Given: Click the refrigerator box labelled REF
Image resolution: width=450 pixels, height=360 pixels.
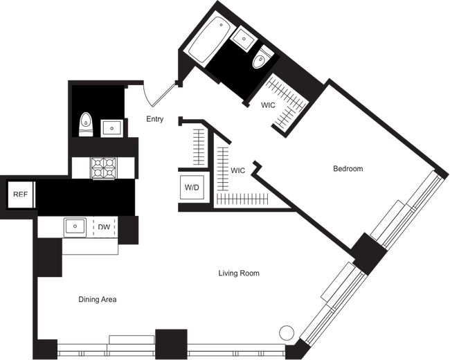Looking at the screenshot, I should click(x=21, y=195).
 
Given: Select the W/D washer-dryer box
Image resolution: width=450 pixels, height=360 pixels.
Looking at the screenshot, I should click(x=191, y=188).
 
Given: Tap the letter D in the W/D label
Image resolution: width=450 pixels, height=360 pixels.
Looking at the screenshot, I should click(x=197, y=188).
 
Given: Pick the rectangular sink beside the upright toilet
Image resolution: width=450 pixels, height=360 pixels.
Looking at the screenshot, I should click(x=112, y=128).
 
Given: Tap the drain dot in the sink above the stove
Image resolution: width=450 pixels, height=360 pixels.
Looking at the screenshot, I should click(x=112, y=128).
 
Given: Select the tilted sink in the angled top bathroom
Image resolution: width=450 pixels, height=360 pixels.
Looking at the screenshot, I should click(x=244, y=39).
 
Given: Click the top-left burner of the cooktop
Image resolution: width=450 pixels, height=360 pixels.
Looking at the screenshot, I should click(x=98, y=163).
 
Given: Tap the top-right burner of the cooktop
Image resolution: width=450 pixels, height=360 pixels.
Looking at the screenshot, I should click(x=109, y=163).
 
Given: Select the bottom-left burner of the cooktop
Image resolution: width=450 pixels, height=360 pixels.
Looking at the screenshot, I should click(x=98, y=173).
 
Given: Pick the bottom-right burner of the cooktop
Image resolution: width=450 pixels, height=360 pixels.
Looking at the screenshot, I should click(x=109, y=173).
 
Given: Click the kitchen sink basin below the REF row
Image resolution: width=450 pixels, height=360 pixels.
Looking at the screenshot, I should click(x=73, y=226).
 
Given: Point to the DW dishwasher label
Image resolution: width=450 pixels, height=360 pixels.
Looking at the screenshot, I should click(x=104, y=226).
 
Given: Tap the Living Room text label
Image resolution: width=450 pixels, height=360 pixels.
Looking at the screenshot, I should click(x=239, y=275).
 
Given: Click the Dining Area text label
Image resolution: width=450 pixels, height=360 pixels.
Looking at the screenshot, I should click(x=97, y=300).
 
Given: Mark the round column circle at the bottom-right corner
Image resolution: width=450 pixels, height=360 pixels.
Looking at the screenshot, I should click(x=284, y=333).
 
